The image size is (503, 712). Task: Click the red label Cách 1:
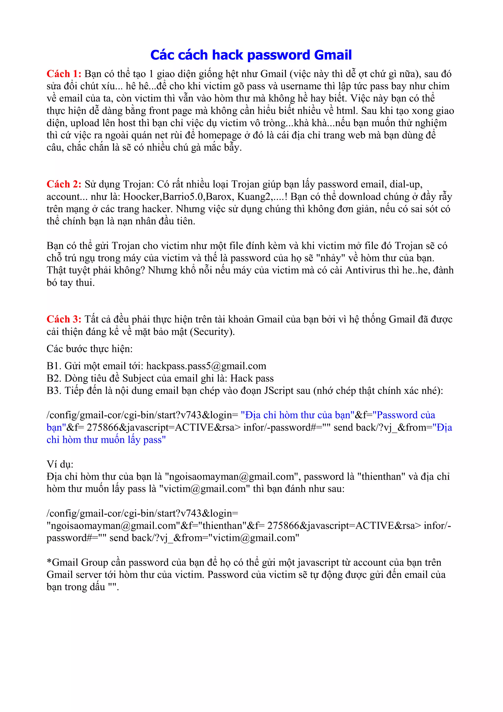coord(64,74)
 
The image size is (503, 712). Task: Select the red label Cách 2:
coord(64,184)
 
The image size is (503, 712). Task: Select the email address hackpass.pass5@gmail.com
coord(206,366)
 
